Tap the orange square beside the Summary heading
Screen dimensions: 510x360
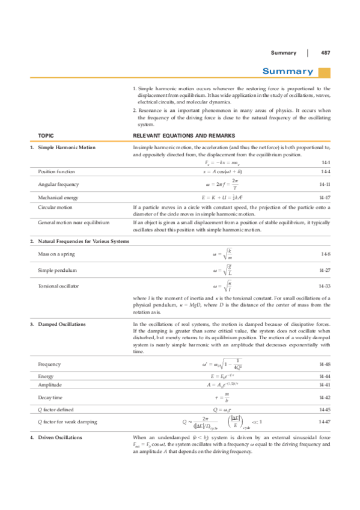324,72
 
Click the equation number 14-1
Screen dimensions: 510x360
325,162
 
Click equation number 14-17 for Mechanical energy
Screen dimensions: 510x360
325,197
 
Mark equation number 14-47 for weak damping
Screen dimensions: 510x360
325,422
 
